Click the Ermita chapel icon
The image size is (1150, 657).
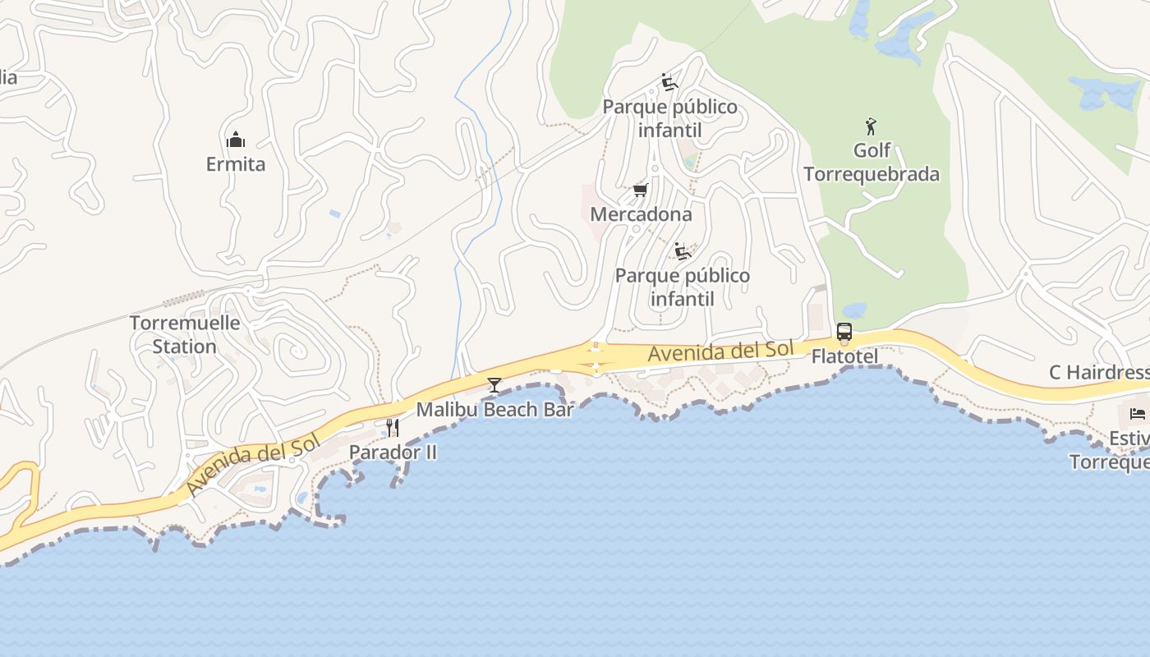pos(236,140)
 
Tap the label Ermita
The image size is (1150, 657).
pos(236,164)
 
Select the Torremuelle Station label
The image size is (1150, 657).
pos(185,334)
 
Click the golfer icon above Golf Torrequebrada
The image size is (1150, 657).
pos(871,126)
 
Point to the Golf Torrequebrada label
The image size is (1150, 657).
pos(872,163)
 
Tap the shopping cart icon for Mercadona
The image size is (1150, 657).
pos(641,191)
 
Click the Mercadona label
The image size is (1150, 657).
pos(642,214)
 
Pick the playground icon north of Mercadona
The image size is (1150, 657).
pos(669,82)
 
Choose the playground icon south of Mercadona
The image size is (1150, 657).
pos(682,251)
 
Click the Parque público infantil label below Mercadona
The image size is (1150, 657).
pos(683,287)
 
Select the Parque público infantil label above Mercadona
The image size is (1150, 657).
pos(670,118)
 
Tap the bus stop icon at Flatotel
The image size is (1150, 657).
pos(844,333)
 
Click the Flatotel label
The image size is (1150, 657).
pos(844,356)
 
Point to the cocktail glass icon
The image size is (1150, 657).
pos(494,384)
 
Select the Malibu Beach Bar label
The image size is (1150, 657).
pos(494,409)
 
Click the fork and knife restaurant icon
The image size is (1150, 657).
pos(393,428)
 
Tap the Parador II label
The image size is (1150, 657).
pos(393,452)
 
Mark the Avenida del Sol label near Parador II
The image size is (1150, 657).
pos(252,466)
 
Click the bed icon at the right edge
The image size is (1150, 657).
pos(1138,413)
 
